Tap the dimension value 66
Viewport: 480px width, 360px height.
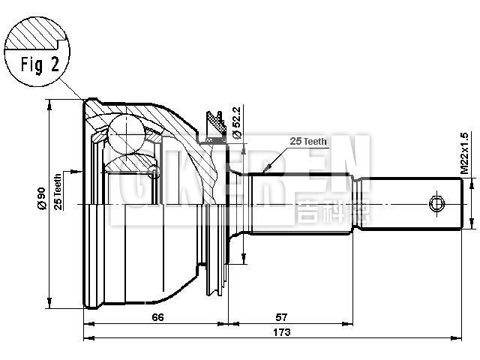pyautogui.click(x=157, y=316)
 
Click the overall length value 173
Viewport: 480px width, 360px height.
pyautogui.click(x=281, y=332)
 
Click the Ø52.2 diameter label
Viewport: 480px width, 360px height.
pyautogui.click(x=235, y=122)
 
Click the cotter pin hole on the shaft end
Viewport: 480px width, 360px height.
pyautogui.click(x=436, y=204)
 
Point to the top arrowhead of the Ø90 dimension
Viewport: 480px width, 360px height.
pyautogui.click(x=50, y=103)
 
